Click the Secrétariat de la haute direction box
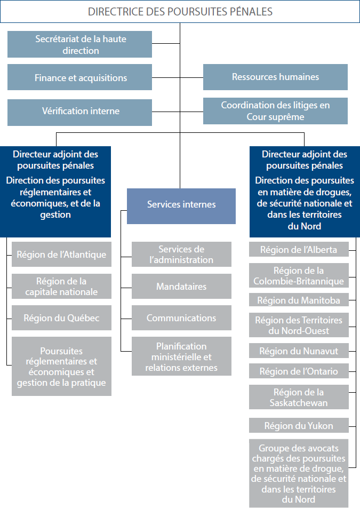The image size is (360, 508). coord(79,44)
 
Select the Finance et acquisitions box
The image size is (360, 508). coord(79,77)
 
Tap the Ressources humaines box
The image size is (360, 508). coord(275,77)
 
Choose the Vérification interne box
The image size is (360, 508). coord(79,111)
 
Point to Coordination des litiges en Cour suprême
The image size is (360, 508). coord(275,110)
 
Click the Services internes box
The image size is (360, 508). coord(181,204)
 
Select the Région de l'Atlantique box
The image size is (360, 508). coord(61,255)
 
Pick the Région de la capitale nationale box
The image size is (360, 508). coord(61,287)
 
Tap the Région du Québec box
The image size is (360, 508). coord(61,317)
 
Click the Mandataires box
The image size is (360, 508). coord(181,287)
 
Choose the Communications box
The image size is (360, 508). coord(181,317)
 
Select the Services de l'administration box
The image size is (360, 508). coord(181,255)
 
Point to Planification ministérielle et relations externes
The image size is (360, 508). coord(181,356)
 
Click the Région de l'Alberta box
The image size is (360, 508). coord(299,249)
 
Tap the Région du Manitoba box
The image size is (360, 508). coord(299,300)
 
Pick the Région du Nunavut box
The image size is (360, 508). coord(299,351)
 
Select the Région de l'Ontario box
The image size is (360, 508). coord(299,371)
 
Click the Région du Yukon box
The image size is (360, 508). coord(299,425)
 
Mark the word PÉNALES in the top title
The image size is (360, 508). coord(248,11)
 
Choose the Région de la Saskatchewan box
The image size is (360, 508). coord(299,398)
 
